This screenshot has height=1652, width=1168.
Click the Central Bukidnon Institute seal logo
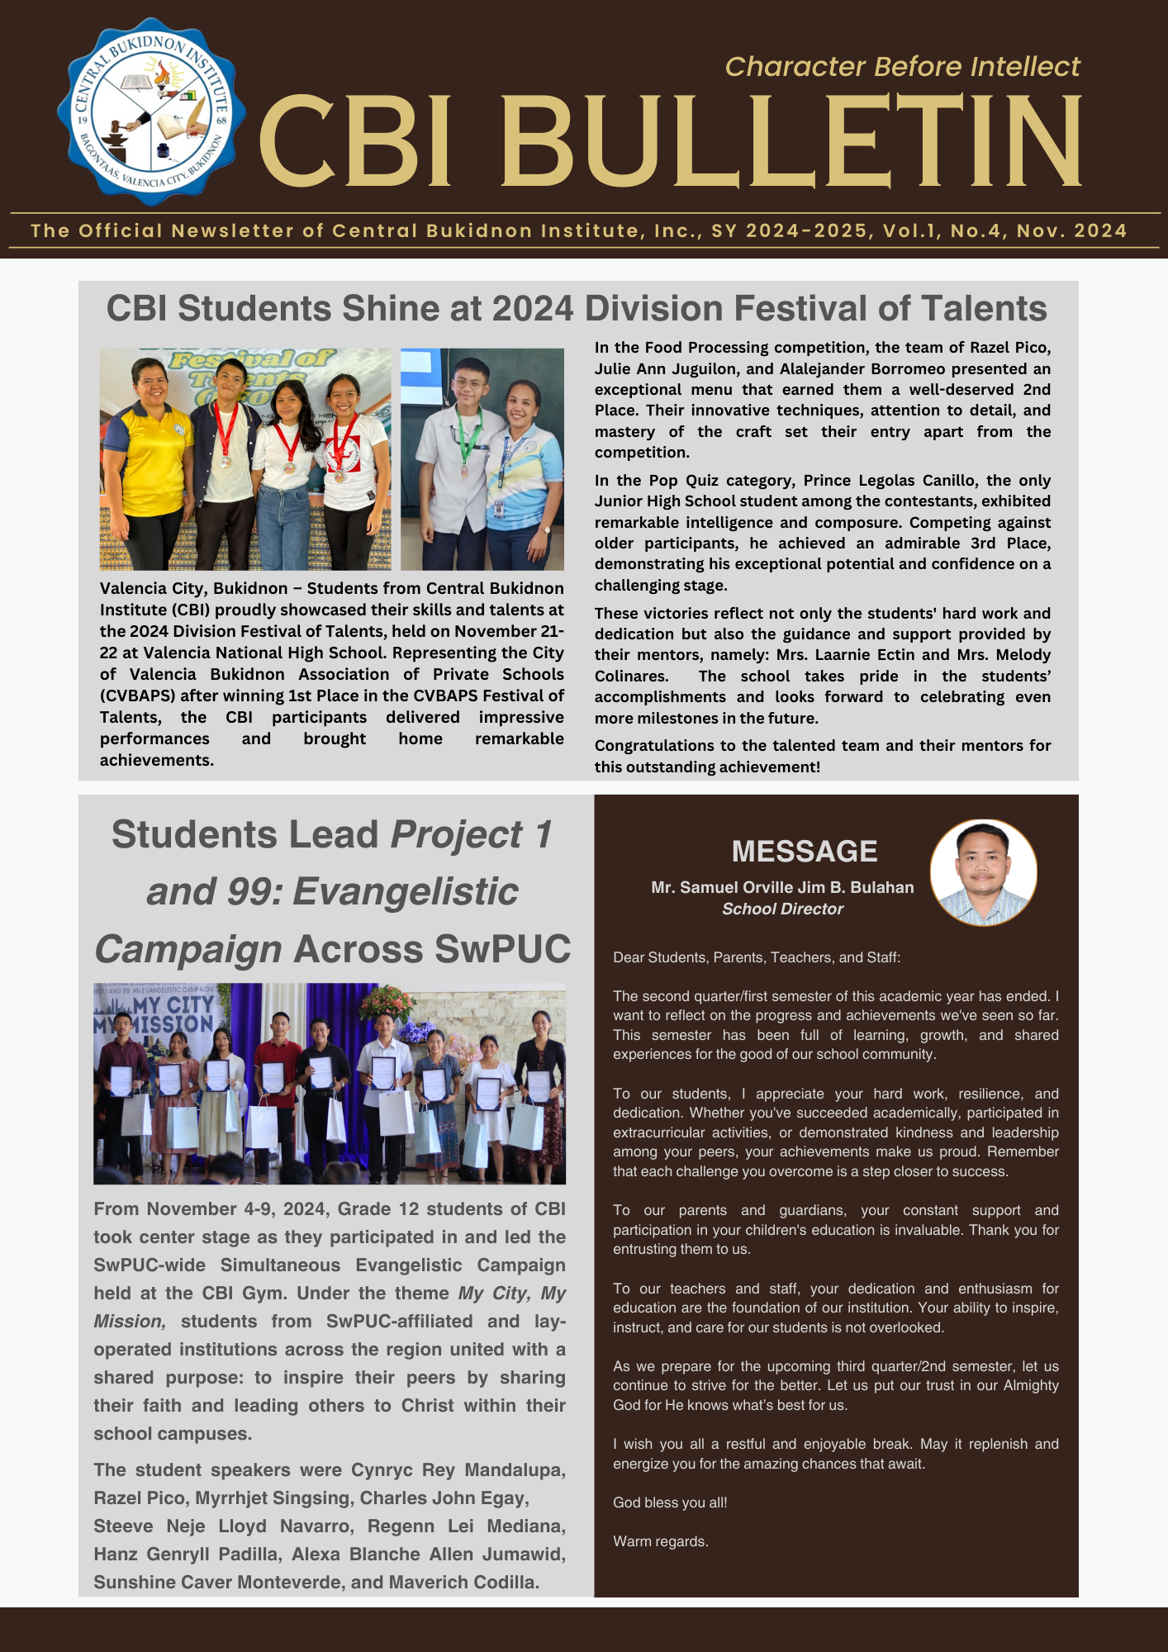pos(151,112)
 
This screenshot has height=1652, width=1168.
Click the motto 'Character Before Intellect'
pos(902,66)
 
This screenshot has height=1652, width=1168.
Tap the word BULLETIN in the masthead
pos(791,142)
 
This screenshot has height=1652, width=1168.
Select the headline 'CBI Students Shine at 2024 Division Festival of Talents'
pos(577,309)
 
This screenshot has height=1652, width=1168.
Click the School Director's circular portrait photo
pos(983,872)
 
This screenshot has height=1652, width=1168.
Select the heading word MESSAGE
pos(804,852)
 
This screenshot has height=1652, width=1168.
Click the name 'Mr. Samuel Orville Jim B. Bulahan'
pos(782,888)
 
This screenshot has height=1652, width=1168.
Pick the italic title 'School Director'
pos(782,909)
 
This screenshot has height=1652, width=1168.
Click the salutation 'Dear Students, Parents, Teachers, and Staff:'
pos(756,958)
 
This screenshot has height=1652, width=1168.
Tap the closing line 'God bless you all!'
pos(670,1502)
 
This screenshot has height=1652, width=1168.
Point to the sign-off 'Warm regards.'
pos(660,1541)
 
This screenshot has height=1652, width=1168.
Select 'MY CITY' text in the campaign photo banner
pos(173,1005)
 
